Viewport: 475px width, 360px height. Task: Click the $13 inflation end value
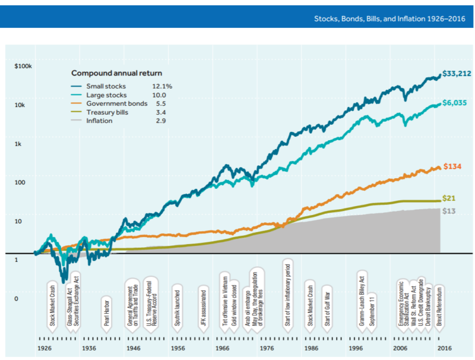click(x=449, y=210)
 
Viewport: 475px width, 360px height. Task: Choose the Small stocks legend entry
click(x=106, y=87)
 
